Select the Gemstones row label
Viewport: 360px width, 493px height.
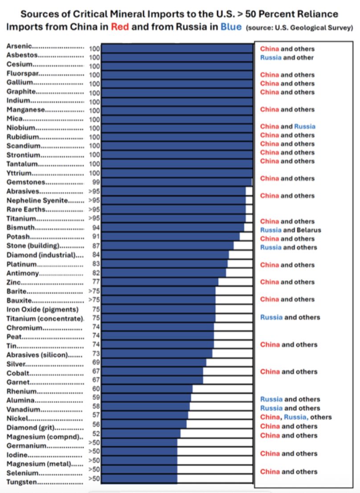26,182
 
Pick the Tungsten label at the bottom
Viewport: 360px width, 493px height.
22,482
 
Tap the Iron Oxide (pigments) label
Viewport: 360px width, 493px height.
42,309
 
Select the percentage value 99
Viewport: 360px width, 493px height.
94,182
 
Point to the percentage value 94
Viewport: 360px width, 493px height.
94,227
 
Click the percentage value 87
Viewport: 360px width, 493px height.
94,246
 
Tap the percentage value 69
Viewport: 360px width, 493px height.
94,362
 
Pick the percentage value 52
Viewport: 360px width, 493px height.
94,434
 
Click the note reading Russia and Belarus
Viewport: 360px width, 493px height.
290,230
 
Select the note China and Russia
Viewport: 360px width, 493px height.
287,126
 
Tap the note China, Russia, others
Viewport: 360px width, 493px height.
295,417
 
